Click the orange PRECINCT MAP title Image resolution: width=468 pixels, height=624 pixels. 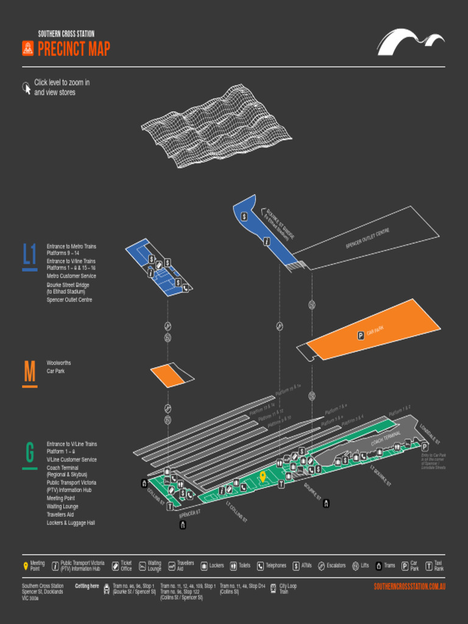[x=74, y=49]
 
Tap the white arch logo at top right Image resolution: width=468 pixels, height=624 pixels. [x=410, y=42]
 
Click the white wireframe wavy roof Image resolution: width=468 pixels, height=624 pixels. [x=216, y=128]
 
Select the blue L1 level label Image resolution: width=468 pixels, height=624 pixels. [x=29, y=257]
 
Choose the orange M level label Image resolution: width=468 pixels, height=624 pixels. [x=29, y=372]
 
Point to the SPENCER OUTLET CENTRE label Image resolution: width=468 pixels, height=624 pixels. [x=367, y=238]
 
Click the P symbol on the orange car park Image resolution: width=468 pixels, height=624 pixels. [x=360, y=335]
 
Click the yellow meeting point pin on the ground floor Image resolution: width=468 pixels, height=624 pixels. [x=263, y=477]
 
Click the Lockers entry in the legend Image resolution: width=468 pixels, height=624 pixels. [x=213, y=565]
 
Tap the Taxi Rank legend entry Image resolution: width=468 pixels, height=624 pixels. [x=434, y=565]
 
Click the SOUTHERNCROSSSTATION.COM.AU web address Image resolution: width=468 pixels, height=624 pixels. [x=409, y=586]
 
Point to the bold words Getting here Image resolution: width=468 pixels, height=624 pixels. [x=87, y=586]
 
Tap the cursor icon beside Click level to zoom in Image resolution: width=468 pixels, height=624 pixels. [x=26, y=88]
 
